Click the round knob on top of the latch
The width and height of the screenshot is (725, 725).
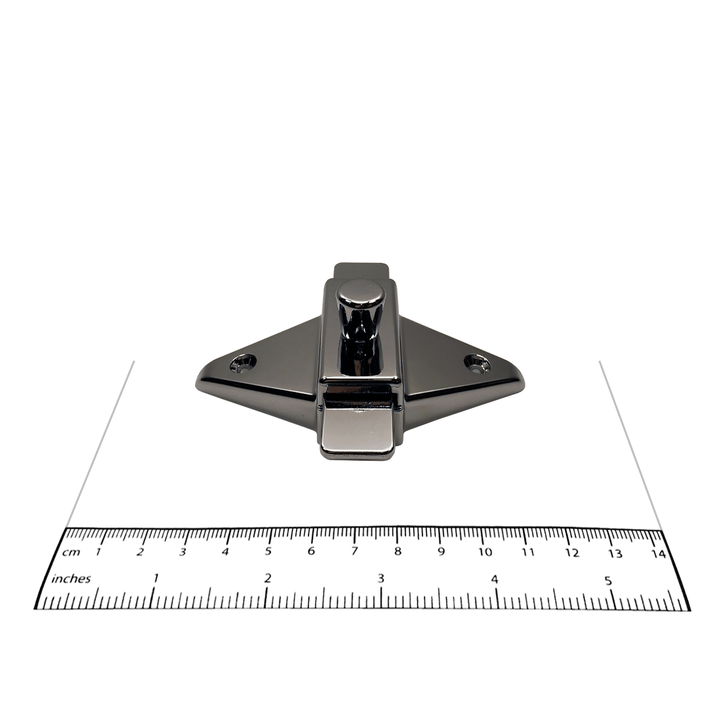click(x=362, y=296)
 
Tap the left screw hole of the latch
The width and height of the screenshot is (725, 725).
click(x=243, y=362)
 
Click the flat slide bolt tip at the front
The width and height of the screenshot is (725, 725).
click(x=357, y=430)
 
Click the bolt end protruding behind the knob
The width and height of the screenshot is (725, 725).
click(x=362, y=270)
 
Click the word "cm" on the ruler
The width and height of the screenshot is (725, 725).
click(x=71, y=552)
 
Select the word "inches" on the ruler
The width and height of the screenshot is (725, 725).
click(x=71, y=579)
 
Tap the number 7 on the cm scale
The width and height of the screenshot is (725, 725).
click(x=354, y=551)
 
